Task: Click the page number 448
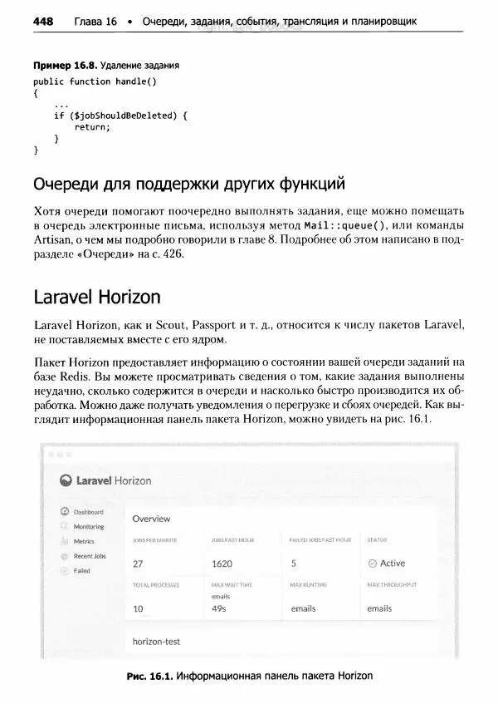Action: coord(42,21)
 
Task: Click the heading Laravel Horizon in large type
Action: coord(97,297)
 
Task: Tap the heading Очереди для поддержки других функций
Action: coord(188,183)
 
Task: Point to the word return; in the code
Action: coord(92,127)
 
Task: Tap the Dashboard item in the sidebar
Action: coord(88,512)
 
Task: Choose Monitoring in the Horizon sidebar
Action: coord(89,526)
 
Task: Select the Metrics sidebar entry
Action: coord(84,541)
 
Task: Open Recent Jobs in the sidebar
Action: coord(90,555)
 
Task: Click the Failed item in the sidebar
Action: coord(82,571)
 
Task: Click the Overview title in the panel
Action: coord(151,519)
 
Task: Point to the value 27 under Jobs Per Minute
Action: coord(138,564)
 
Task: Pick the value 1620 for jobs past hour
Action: coord(222,564)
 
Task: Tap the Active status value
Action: coord(392,564)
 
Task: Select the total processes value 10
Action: coord(138,608)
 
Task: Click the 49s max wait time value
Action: coord(219,608)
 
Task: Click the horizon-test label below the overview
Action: coord(156,642)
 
